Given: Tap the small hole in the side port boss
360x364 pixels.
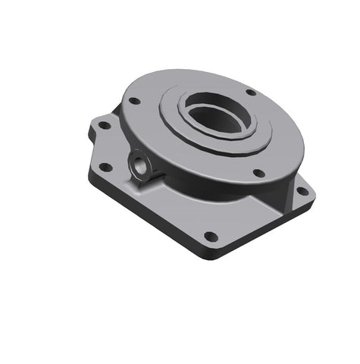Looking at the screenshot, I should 139,164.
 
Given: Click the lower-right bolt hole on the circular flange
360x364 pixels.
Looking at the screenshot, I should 258,173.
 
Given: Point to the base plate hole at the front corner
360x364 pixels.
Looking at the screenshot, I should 211,237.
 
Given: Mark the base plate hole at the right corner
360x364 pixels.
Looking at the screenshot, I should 302,191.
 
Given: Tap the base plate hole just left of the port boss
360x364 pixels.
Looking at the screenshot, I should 107,168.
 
